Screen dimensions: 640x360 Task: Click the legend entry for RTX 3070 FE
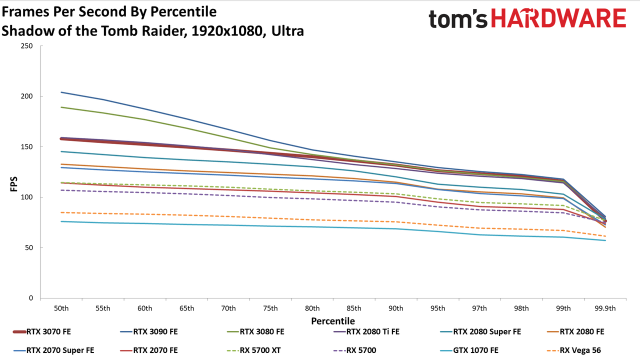[x=42, y=331]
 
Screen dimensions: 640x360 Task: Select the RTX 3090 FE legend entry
[x=149, y=331]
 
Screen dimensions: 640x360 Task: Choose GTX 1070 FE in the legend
[x=470, y=350]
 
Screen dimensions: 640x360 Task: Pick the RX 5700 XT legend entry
[x=253, y=350]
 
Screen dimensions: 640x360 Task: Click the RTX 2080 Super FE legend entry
[x=481, y=331]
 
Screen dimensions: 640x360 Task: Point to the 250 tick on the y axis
[x=27, y=46]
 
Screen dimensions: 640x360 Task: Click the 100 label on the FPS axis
[x=27, y=197]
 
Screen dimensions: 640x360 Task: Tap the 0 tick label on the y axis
[x=31, y=298]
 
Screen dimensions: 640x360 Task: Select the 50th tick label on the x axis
[x=61, y=308]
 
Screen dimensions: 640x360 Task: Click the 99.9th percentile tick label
[x=605, y=308]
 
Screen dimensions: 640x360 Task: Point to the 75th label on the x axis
[x=270, y=308]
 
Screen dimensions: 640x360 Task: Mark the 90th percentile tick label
[x=395, y=308]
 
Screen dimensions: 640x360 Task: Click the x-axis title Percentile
[x=333, y=321]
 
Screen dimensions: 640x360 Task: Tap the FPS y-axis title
[x=13, y=184]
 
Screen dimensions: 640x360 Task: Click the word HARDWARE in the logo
[x=558, y=18]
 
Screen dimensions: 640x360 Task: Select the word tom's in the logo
[x=458, y=19]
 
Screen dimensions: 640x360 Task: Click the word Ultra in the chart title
[x=287, y=31]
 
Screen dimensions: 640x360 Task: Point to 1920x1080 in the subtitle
[x=227, y=31]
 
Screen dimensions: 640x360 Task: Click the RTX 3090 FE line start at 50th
[x=61, y=92]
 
